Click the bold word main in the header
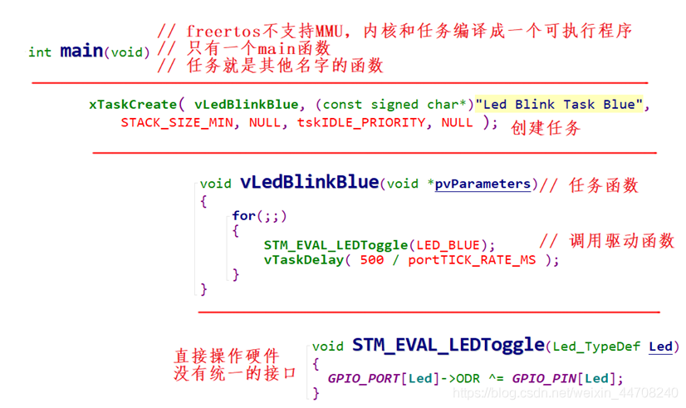81,51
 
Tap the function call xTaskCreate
133,105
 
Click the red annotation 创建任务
545,127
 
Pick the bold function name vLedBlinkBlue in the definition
309,183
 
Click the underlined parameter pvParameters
483,184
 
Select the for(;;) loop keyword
259,216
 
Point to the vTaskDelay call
302,259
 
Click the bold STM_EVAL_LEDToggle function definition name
448,345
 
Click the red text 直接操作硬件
226,356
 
